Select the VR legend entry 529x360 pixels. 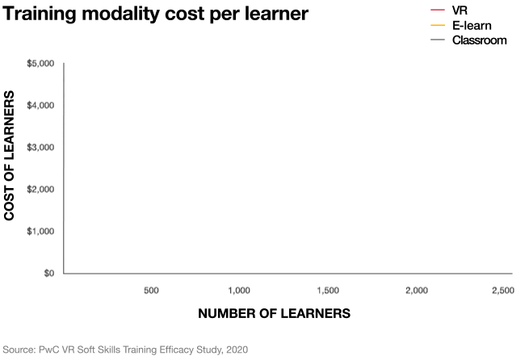(460, 10)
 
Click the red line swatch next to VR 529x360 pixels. (439, 10)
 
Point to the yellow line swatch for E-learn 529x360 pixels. (439, 25)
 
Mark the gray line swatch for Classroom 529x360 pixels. (439, 40)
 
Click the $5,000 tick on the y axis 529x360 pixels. (41, 64)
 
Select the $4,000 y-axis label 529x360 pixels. (41, 106)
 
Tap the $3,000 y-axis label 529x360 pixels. (41, 148)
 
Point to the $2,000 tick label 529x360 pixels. (41, 190)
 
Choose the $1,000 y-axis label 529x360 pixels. (41, 232)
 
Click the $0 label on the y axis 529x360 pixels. (48, 274)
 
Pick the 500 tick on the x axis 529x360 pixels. (151, 290)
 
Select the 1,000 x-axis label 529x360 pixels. (240, 290)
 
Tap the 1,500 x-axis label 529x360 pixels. (328, 290)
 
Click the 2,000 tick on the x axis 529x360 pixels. (416, 290)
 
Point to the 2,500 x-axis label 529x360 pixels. (502, 290)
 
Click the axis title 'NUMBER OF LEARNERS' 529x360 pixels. (274, 313)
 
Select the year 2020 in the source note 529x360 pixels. (234, 350)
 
